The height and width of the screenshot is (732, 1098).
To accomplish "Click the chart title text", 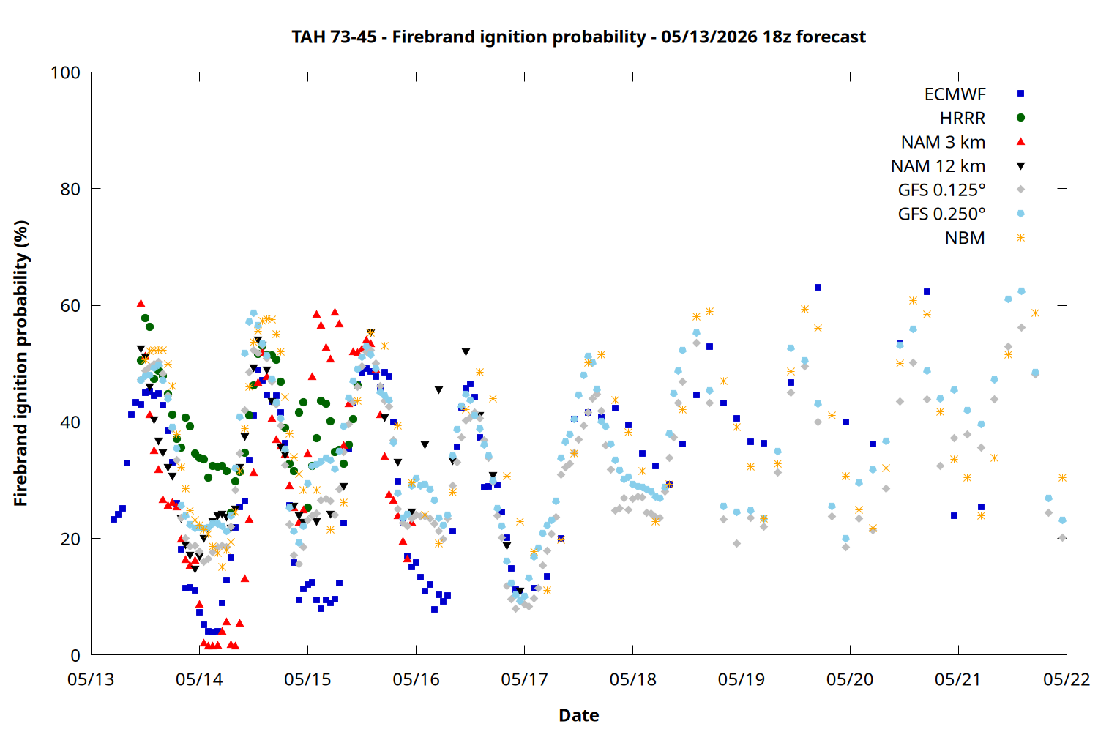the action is (x=578, y=37).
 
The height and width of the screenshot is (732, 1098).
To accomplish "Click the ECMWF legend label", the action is (x=955, y=94).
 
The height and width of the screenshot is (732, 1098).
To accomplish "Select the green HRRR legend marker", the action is (x=1020, y=118).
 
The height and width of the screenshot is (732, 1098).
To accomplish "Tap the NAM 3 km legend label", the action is (x=943, y=142).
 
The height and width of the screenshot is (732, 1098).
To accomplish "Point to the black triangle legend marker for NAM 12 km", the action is (x=1020, y=166).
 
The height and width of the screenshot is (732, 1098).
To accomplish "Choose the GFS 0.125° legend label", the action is (x=941, y=190).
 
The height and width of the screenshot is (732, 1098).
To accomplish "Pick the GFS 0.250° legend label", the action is (x=941, y=214).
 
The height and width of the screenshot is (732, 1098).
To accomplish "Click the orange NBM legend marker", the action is (x=1020, y=238).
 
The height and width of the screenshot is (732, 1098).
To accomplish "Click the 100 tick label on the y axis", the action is (x=65, y=72).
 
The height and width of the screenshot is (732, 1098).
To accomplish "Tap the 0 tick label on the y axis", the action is (x=75, y=655).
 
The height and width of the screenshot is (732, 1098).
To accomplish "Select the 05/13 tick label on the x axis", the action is (x=91, y=679).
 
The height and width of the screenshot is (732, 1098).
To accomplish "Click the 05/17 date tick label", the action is (x=525, y=679).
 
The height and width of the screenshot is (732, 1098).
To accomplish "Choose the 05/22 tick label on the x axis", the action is (x=1067, y=679).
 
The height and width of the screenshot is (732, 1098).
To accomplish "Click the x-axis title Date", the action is (x=579, y=715).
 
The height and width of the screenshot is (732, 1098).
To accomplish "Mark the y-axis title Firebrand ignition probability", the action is (x=20, y=363).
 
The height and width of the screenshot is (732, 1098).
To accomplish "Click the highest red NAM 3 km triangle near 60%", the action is (x=141, y=304).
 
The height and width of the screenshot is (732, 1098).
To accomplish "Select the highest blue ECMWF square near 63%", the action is (x=818, y=287).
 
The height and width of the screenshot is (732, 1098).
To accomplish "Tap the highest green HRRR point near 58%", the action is (x=145, y=318).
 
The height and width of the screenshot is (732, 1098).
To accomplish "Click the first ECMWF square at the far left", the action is (x=113, y=519).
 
